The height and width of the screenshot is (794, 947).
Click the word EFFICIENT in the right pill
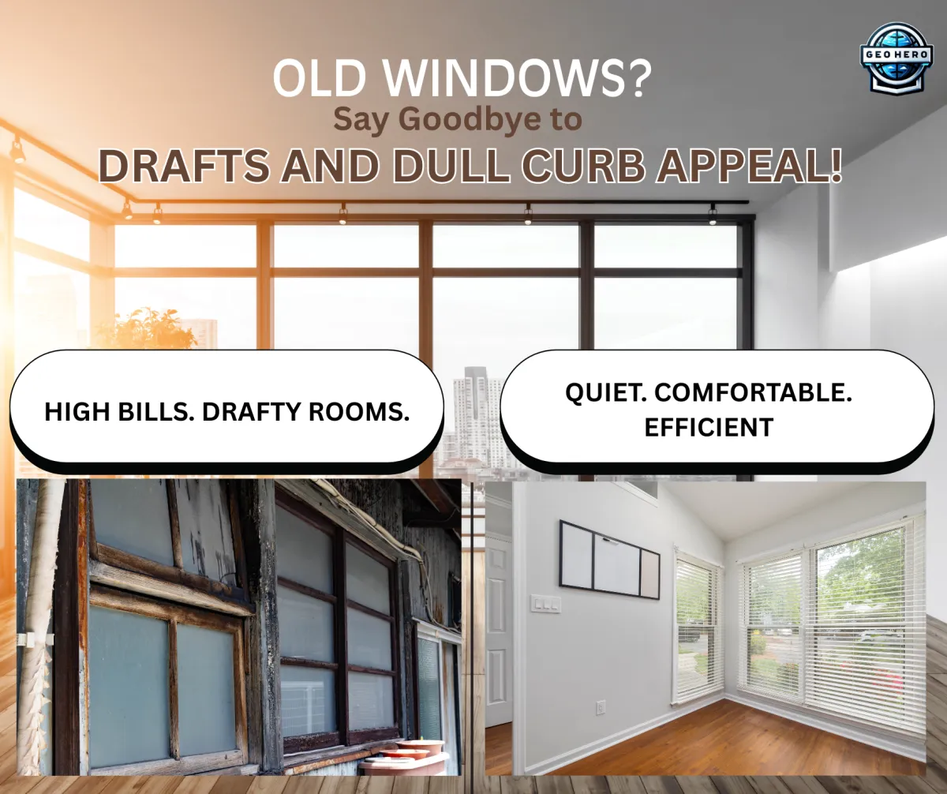(x=708, y=427)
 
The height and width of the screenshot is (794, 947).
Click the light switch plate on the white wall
(x=545, y=604)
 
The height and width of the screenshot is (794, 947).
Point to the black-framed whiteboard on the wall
(x=609, y=558)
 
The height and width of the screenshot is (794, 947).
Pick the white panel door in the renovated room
(x=498, y=631)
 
